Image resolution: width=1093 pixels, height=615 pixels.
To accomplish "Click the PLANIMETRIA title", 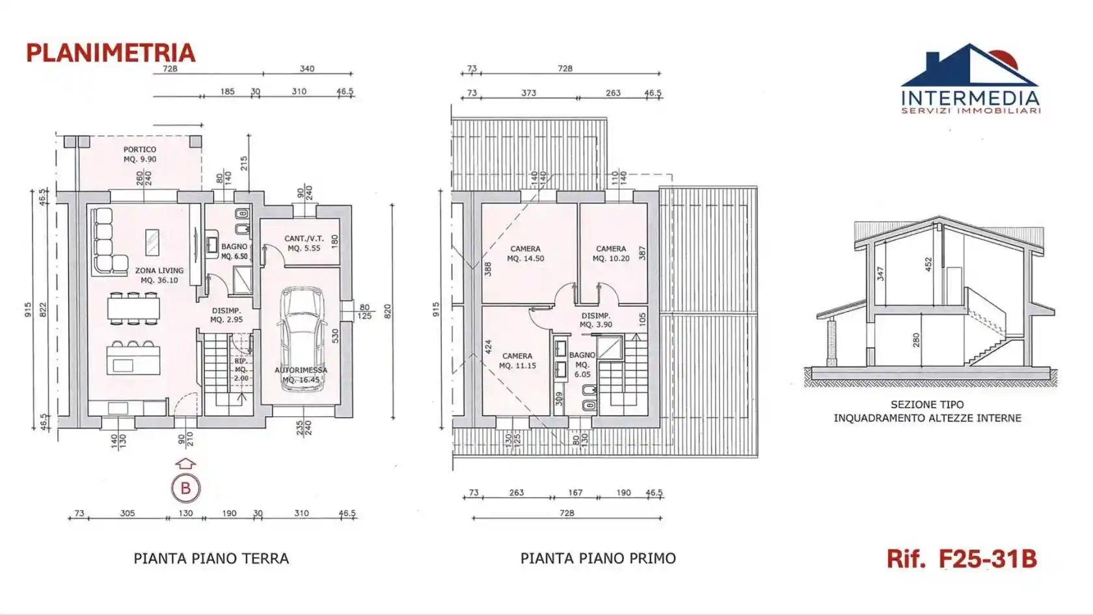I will pos(111,53).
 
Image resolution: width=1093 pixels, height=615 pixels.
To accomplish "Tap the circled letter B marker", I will pos(185,488).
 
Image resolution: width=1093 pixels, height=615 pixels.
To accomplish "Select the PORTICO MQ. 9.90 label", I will pos(140,154).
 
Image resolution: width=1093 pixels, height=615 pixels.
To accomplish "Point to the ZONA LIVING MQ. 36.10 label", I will pos(159,275).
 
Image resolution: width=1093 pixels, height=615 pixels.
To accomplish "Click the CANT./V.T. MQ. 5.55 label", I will pos(304,243).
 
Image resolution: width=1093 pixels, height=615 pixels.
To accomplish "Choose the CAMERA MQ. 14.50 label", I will pos(526,254).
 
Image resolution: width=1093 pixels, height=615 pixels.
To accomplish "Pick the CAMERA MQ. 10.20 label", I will pos(611,254).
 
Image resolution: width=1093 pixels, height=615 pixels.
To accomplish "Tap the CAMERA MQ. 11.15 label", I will pos(517,361).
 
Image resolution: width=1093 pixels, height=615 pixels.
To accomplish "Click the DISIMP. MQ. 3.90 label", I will pos(595,320).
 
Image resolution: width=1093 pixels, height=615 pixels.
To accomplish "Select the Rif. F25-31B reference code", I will pos(962,558).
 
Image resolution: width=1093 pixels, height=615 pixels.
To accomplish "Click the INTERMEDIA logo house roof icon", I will pos(969,65).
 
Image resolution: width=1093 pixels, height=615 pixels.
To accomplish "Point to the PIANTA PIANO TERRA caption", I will pos(211,558).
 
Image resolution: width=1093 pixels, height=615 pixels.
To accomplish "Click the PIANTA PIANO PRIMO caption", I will pos(598,558).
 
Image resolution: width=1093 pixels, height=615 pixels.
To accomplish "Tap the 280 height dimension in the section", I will pos(916,339).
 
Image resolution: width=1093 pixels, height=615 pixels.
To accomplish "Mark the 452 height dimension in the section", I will pos(928,263).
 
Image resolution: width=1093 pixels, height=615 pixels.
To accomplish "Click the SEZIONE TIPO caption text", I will pos(927,404).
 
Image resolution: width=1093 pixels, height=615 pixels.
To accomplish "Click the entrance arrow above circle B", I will pos(185,464).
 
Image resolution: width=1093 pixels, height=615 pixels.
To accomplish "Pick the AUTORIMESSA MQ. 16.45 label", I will pos(301,374).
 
